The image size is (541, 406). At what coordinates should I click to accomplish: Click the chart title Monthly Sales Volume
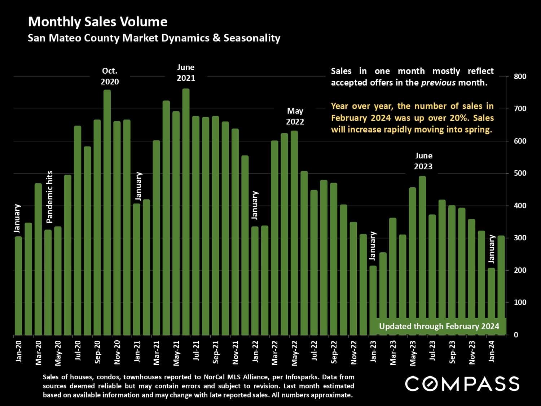[97, 22]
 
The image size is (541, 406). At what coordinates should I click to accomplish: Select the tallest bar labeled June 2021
[186, 213]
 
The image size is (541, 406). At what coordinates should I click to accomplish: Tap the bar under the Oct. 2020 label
[107, 213]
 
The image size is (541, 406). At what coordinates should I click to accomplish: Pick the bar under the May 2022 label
[294, 235]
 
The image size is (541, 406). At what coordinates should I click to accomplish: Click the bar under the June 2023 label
[422, 256]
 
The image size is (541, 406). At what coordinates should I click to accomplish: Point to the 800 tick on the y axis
[520, 77]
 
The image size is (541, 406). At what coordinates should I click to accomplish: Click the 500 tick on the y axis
[520, 173]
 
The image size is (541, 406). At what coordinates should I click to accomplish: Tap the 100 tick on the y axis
[520, 302]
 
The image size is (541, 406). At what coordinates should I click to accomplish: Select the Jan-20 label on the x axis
[19, 351]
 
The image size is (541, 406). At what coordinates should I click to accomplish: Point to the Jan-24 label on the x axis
[491, 351]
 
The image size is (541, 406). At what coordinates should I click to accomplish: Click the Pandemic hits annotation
[50, 197]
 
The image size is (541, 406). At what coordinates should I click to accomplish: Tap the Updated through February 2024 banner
[439, 326]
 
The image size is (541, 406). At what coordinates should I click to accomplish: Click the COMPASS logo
[462, 383]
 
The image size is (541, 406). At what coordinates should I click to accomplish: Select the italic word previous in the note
[438, 83]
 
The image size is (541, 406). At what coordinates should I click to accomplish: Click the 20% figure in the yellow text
[461, 118]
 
